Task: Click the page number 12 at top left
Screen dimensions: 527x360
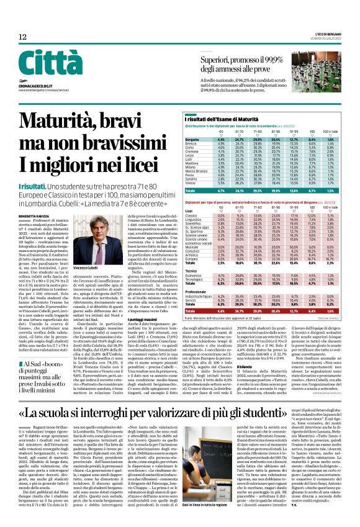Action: (x=22, y=37)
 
